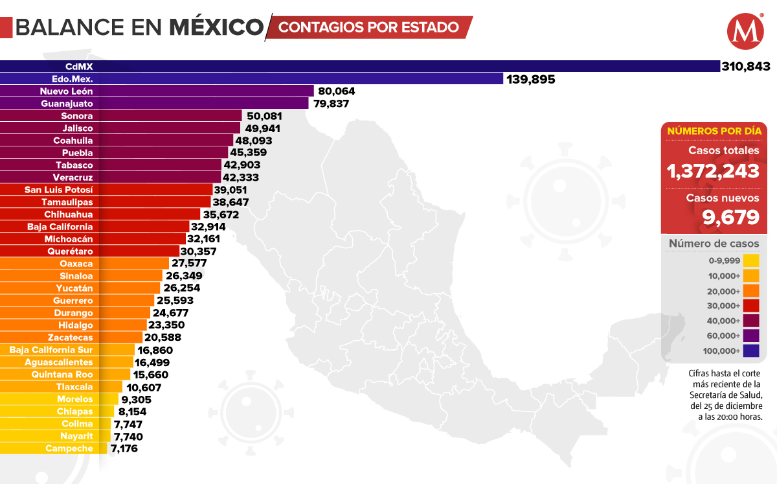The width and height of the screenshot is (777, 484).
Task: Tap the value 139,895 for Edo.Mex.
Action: point(531,79)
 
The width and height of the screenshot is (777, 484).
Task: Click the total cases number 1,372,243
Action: point(713,171)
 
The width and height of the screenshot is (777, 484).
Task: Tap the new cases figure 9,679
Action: point(731,217)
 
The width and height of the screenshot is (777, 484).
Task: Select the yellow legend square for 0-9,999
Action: point(750,261)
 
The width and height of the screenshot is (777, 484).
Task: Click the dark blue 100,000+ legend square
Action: point(750,351)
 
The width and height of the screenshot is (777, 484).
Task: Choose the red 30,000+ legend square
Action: point(750,306)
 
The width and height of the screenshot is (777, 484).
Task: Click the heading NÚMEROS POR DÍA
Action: point(713,130)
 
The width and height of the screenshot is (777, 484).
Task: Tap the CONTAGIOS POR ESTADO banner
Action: point(369,27)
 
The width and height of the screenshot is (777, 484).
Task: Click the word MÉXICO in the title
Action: point(216,27)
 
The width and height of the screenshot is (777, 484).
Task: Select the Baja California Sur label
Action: point(51,350)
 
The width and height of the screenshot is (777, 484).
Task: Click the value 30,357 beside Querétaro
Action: point(199,251)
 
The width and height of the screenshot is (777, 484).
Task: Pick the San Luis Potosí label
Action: point(58,190)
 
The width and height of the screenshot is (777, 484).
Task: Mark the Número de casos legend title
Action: point(713,244)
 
